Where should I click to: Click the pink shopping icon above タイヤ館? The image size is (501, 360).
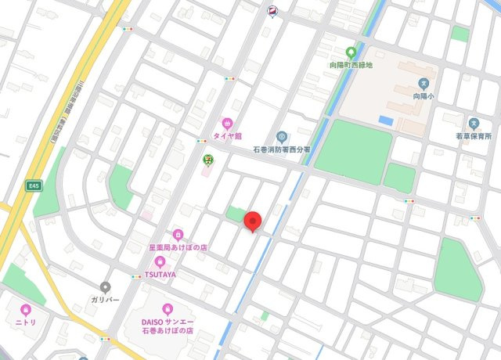(x=227, y=123)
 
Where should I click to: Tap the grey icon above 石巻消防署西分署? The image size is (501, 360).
(x=281, y=137)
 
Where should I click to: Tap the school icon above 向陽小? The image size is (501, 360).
(x=424, y=83)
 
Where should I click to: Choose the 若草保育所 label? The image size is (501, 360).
(x=475, y=136)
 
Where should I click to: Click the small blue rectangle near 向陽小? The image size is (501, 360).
(x=385, y=121)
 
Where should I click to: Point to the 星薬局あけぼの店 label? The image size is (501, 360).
(x=178, y=247)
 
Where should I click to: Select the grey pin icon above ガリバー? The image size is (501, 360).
(x=106, y=286)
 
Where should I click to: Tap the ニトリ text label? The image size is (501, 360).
(x=26, y=322)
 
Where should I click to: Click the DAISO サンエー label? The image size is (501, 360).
(x=167, y=321)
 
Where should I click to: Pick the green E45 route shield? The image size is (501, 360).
(x=32, y=187)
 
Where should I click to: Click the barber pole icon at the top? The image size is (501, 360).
(x=272, y=10)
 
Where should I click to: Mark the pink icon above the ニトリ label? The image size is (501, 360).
(x=26, y=309)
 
